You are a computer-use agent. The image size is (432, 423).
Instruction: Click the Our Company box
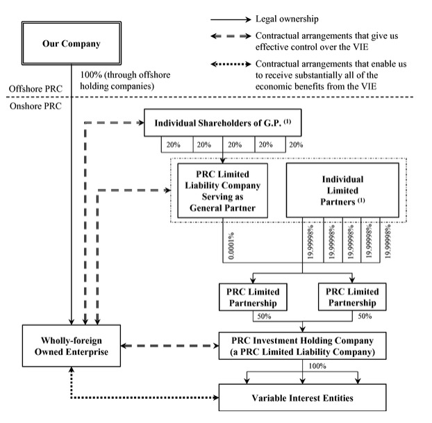[72, 44]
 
